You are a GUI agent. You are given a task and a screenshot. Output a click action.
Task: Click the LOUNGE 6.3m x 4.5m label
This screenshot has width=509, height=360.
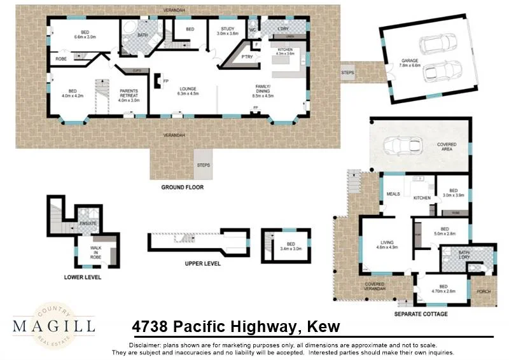coord(188,91)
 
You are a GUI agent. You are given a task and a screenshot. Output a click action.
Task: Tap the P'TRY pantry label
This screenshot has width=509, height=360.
coord(247,58)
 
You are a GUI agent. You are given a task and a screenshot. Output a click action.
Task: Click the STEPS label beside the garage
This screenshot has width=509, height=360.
coord(348,73)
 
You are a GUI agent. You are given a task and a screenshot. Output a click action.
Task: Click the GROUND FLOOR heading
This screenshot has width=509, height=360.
coord(182,188)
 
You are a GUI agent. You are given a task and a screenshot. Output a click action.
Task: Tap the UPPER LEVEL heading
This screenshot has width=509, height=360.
coord(202,262)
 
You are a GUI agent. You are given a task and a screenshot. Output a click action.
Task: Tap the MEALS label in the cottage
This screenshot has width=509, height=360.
coord(393,194)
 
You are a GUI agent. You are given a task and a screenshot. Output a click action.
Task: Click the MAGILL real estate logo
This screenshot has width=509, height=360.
coord(54,325)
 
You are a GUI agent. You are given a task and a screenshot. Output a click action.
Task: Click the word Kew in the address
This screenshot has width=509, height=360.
coord(323,327)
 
